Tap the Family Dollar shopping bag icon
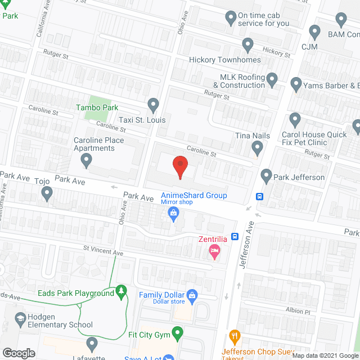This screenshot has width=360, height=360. pyautogui.click(x=192, y=295)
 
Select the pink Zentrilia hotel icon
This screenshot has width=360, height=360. pyautogui.click(x=214, y=251)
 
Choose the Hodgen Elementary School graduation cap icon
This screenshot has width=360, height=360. pyautogui.click(x=21, y=318)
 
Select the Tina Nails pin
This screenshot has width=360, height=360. pyautogui.click(x=258, y=148)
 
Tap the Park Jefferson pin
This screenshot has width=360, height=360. pyautogui.click(x=267, y=177)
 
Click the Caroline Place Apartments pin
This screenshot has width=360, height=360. pyautogui.click(x=86, y=161)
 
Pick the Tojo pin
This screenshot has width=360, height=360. pyautogui.click(x=47, y=194)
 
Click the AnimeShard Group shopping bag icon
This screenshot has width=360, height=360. pyautogui.click(x=174, y=213)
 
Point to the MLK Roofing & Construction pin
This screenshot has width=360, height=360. pyautogui.click(x=272, y=80)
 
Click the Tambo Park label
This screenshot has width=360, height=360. pyautogui.click(x=97, y=107)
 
